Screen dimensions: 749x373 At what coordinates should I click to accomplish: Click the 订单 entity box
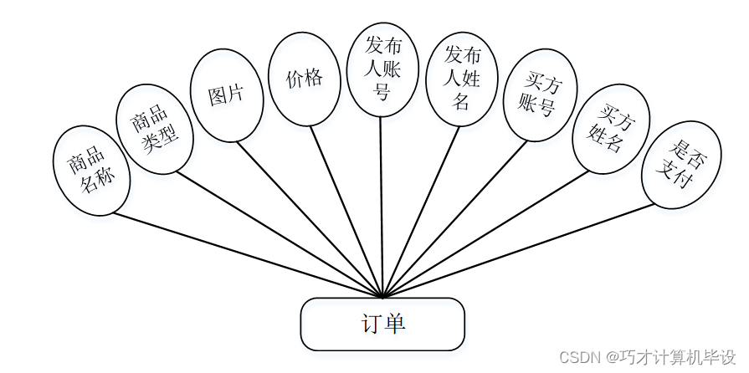click(382, 324)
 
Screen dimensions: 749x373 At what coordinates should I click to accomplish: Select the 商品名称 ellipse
click(92, 170)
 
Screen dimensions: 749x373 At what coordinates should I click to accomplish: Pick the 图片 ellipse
click(226, 95)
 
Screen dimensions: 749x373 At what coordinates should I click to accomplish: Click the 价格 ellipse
click(304, 79)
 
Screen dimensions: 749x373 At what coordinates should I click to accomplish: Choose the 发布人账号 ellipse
click(382, 69)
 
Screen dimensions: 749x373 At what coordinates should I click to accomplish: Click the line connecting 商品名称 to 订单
click(248, 255)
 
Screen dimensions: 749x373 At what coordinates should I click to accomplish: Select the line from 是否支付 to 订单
click(517, 250)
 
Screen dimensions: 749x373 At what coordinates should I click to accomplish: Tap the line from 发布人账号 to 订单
click(382, 209)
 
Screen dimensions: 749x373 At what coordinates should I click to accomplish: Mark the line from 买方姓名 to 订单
click(485, 234)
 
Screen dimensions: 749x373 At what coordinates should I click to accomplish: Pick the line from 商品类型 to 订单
click(276, 234)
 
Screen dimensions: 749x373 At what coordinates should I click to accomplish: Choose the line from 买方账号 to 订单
click(456, 217)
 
